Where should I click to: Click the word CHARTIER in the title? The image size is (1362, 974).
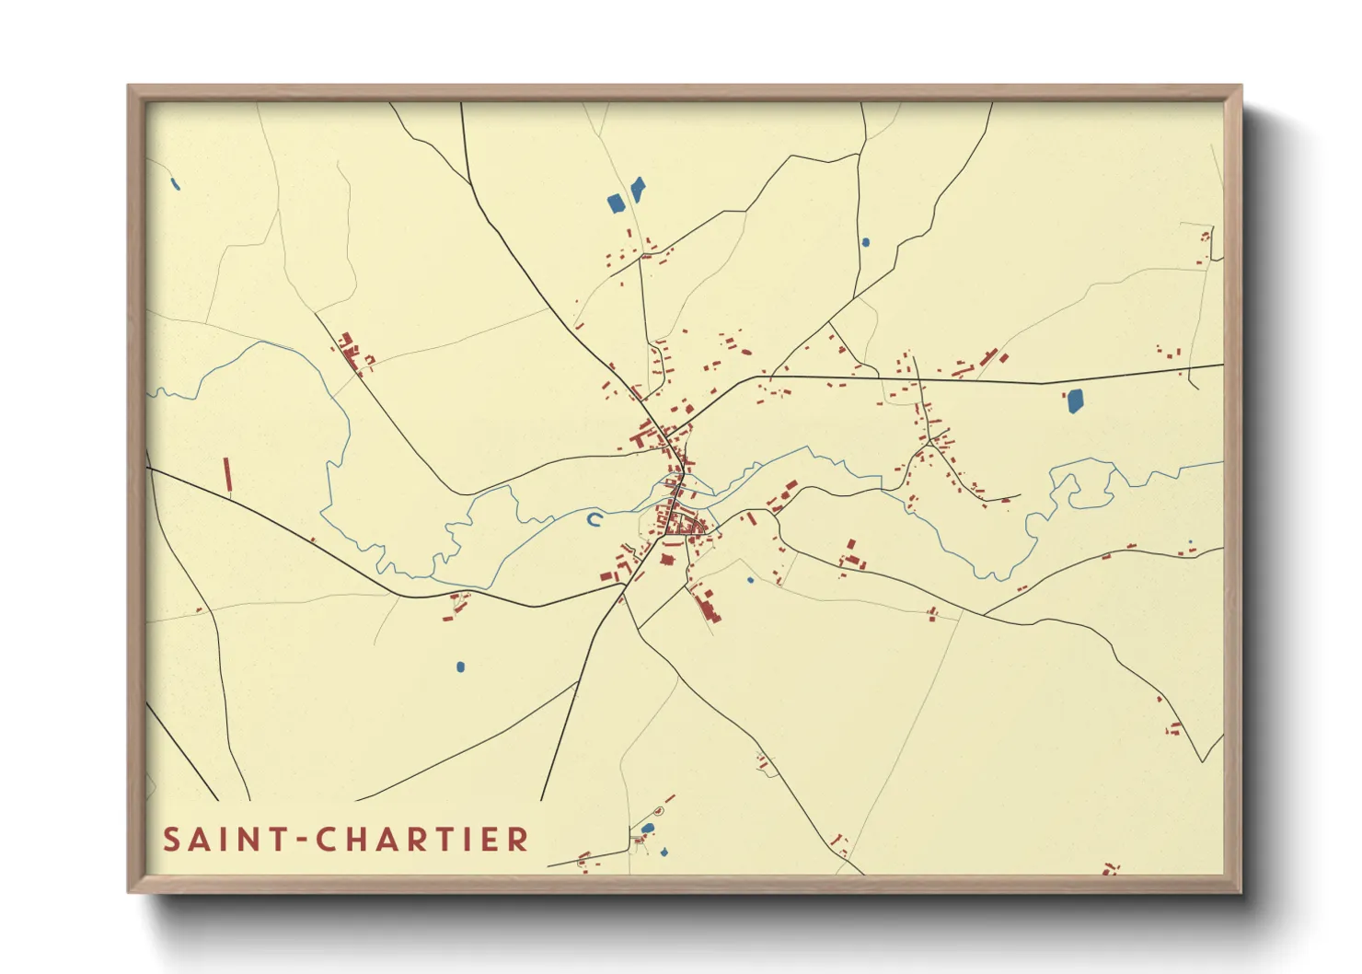coord(422,840)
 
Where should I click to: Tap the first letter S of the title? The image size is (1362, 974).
coord(171,840)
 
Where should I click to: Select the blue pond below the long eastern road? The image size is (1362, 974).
coord(1074,400)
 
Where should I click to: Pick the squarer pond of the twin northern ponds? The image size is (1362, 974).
coord(616,203)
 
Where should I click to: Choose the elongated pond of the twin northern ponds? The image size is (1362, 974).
coord(637,190)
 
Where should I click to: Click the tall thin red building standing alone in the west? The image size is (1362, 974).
coord(227,476)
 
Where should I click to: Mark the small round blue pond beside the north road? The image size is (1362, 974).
coord(865,243)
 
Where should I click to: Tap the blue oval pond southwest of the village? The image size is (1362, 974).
coord(461,667)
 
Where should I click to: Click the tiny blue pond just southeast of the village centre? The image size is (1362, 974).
coord(750,580)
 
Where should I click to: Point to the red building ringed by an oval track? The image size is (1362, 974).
coord(657,811)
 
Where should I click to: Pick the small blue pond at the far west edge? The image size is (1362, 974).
coord(175,184)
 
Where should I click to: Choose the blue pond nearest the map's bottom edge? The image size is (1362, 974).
coord(664,852)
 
